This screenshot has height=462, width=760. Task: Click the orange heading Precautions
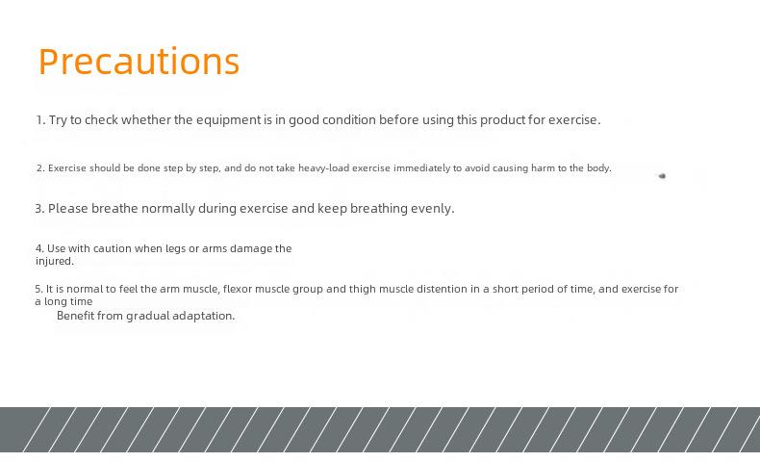click(x=139, y=62)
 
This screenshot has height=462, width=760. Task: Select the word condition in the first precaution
click(x=349, y=119)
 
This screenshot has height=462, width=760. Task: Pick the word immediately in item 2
click(x=421, y=168)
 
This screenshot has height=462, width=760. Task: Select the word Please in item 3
click(x=68, y=209)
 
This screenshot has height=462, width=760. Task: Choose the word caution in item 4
click(x=112, y=248)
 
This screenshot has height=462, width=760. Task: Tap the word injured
click(x=55, y=261)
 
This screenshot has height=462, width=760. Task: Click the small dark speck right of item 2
click(x=662, y=176)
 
